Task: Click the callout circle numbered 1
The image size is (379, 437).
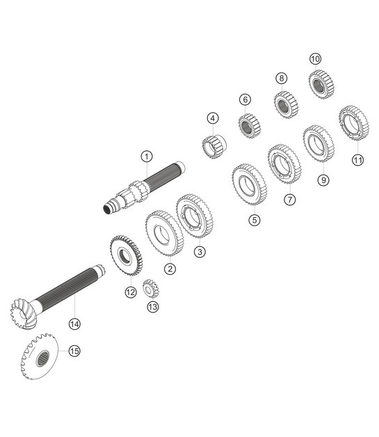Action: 146,156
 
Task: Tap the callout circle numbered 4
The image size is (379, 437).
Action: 212,118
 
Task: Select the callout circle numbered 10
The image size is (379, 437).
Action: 315,59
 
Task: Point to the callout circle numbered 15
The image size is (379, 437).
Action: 74,351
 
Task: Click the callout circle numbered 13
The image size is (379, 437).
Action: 152,306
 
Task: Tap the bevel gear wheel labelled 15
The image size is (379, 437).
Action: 40,356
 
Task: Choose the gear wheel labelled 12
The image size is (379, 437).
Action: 127,256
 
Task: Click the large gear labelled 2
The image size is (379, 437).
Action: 164,230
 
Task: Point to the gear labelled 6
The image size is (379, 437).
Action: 248,126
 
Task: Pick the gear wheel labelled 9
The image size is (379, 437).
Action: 318,143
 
